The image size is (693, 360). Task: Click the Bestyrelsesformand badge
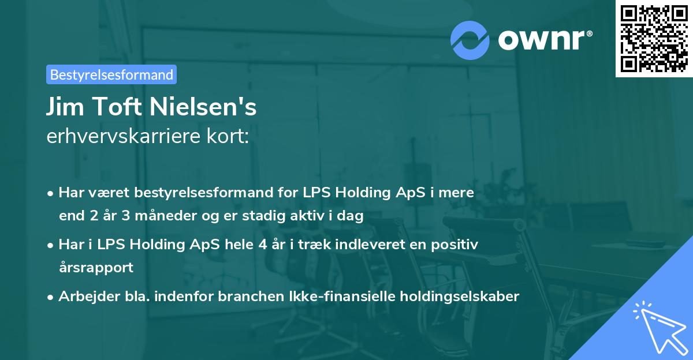[x=111, y=74]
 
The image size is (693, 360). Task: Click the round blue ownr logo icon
[x=470, y=40]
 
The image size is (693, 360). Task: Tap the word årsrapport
[x=96, y=268]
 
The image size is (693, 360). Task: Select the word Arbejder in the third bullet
[x=85, y=297]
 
